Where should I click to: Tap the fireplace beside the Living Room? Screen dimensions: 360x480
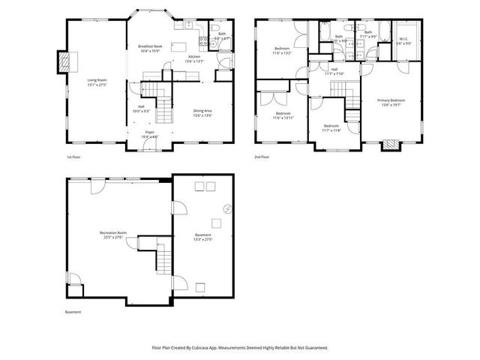pos(65,61)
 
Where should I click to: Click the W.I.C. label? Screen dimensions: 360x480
pos(403,41)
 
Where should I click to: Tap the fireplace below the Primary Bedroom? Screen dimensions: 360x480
pos(389,145)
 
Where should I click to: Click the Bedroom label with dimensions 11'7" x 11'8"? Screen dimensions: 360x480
pos(331,127)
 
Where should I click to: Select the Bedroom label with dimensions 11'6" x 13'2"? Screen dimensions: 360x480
pos(282,51)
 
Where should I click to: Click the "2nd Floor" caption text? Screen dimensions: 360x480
pos(262,157)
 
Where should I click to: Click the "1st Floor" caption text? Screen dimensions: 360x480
pos(73,157)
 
